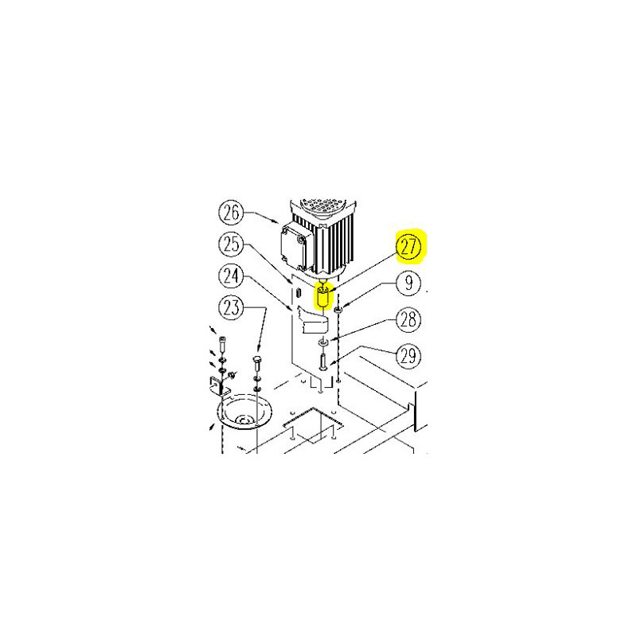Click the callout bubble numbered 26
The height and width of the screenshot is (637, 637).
tap(231, 213)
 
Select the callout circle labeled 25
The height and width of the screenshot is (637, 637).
tap(231, 244)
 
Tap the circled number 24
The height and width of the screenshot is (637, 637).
tap(231, 276)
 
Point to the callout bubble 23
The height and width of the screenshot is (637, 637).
tap(231, 307)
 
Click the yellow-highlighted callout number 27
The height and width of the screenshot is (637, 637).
tap(408, 247)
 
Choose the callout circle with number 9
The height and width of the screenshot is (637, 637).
tap(408, 283)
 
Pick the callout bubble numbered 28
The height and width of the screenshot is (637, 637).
tap(408, 319)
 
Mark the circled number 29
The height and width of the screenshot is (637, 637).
tap(408, 356)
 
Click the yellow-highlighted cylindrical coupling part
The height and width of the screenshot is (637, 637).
tap(324, 296)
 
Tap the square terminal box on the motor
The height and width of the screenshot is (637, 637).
tap(296, 247)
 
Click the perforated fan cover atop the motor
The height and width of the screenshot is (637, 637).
tap(323, 206)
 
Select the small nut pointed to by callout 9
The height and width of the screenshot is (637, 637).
tap(338, 311)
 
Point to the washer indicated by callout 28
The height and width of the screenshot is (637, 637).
tap(323, 342)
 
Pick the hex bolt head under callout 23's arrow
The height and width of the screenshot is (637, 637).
tap(256, 360)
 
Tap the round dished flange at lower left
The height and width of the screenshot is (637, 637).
tap(244, 411)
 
